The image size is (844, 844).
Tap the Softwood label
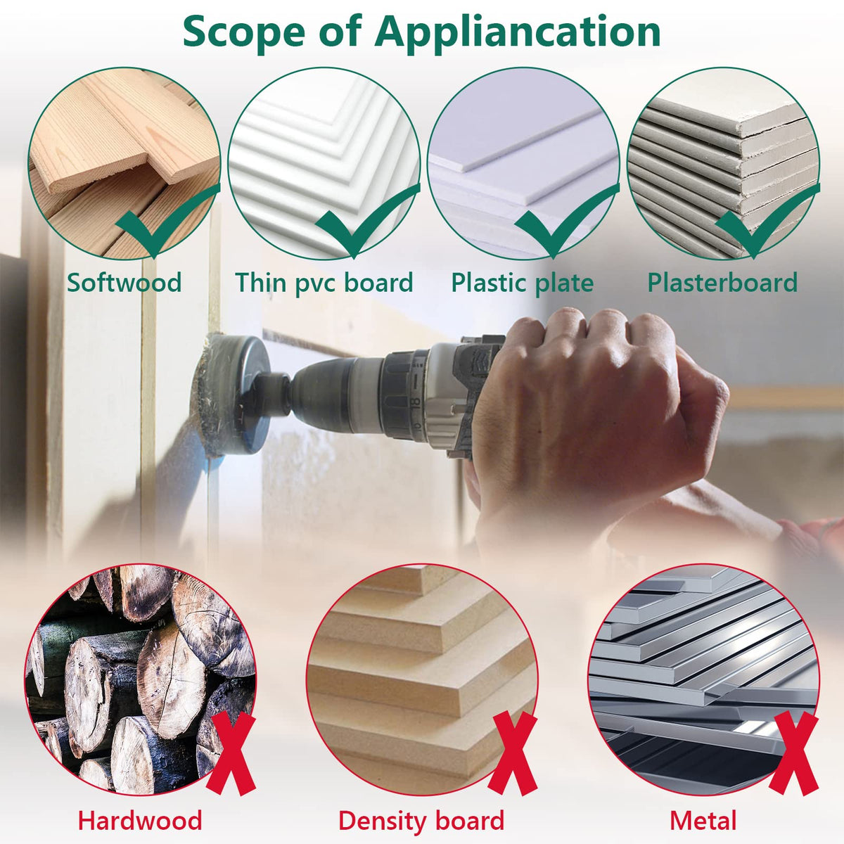coord(124,283)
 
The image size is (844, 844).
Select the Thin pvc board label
coord(324,283)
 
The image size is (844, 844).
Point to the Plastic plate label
coord(523,283)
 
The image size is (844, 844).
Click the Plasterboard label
coord(722,283)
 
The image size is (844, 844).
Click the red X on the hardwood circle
coord(231,753)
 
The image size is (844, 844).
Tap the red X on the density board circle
coord(513,753)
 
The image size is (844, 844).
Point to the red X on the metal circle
coord(793,753)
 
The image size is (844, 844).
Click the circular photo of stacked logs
coord(141,679)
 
